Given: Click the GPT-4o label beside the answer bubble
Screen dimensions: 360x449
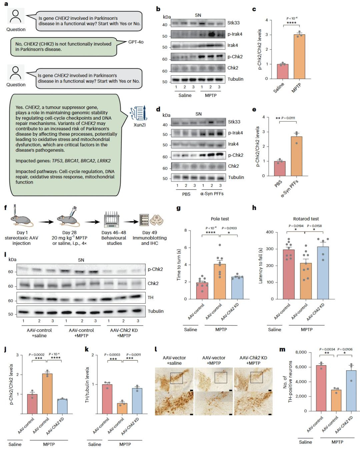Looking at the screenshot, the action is coord(136,42).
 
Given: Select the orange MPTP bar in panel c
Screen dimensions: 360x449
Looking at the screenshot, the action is coord(299,57).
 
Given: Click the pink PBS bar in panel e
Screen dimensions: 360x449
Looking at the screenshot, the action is coord(280,168).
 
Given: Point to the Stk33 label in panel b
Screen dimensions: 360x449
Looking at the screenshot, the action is coord(234,23).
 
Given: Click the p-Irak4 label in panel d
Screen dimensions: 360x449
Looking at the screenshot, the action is coord(235,133).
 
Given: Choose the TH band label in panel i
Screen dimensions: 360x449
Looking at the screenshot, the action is coord(150,297).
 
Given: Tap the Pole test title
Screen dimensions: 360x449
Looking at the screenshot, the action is coord(220,219).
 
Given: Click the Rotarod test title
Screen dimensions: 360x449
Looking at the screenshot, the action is coord(306,219).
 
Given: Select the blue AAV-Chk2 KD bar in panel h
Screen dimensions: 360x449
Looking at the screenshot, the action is coord(323,273).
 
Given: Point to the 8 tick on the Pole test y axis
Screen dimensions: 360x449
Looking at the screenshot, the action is coord(186,230).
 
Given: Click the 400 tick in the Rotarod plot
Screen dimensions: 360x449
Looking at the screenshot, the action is coord(270,232).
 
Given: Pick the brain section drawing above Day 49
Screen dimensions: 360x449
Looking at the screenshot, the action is coord(157,220).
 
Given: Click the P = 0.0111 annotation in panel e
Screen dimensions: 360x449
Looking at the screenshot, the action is coord(288,118).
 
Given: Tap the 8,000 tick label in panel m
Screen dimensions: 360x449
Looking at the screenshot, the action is coord(301,352).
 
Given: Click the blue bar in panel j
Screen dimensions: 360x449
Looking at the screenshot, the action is coord(62,406).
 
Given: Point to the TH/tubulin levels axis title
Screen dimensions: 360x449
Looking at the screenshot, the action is coord(87,385).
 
